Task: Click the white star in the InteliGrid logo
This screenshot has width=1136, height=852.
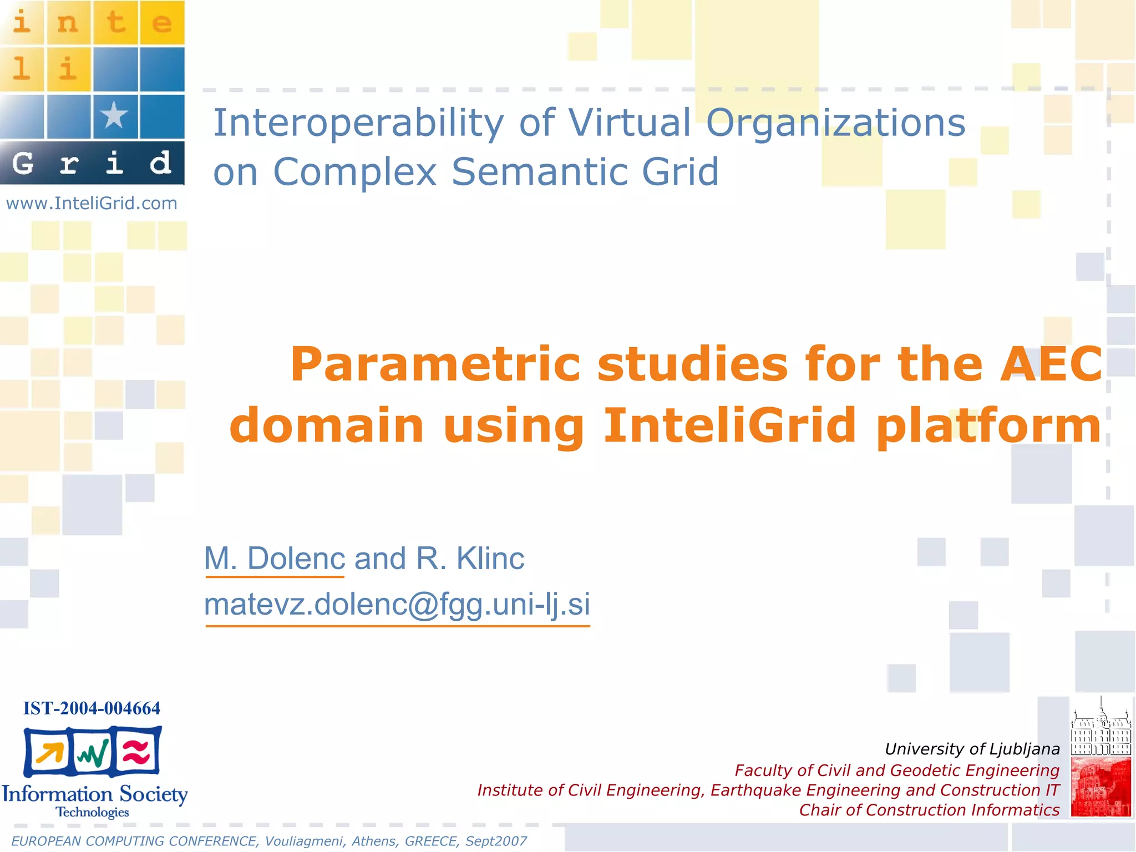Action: pyautogui.click(x=114, y=115)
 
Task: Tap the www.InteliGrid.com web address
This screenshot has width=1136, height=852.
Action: pyautogui.click(x=92, y=204)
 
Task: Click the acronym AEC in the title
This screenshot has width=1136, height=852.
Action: pyautogui.click(x=1051, y=364)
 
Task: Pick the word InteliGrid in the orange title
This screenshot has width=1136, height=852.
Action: pyautogui.click(x=729, y=425)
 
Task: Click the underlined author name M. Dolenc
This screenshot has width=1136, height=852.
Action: pyautogui.click(x=275, y=558)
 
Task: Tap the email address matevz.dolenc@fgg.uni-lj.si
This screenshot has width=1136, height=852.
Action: pyautogui.click(x=397, y=604)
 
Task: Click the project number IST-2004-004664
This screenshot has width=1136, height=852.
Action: pyautogui.click(x=92, y=708)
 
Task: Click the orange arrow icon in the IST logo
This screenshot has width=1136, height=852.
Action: pyautogui.click(x=49, y=753)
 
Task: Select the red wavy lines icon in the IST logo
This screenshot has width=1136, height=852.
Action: pyautogui.click(x=136, y=752)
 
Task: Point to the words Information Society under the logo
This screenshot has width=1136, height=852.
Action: pyautogui.click(x=94, y=794)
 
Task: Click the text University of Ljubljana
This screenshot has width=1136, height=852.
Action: pyautogui.click(x=972, y=749)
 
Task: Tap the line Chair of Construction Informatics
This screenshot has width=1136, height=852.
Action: pyautogui.click(x=929, y=810)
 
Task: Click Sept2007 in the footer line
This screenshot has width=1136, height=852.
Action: pyautogui.click(x=496, y=841)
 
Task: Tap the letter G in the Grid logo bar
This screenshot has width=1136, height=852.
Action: pyautogui.click(x=23, y=163)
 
